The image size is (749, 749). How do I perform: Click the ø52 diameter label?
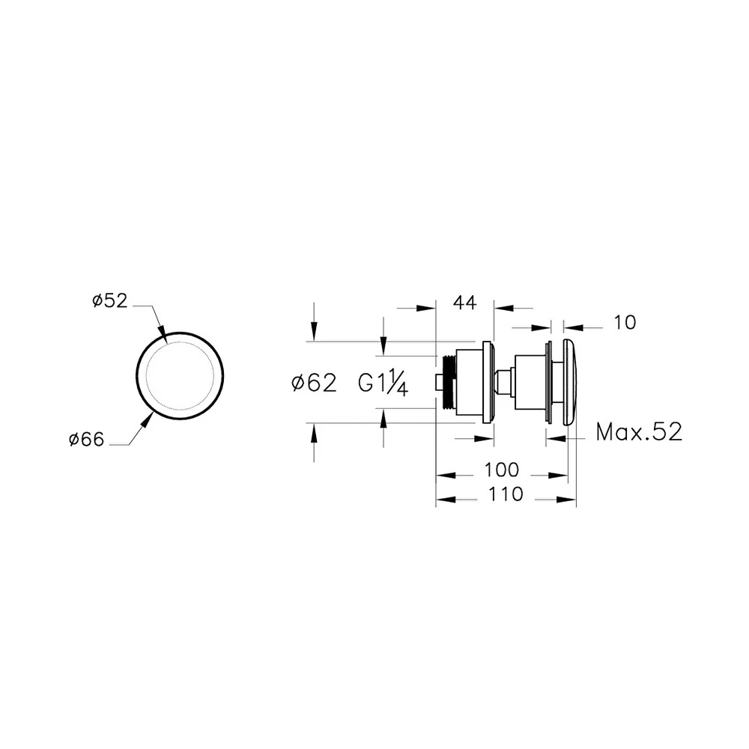point(110,301)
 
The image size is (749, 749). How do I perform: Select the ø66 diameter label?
point(86,439)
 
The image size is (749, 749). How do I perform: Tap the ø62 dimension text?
point(314,383)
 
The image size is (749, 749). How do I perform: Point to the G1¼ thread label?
point(383,383)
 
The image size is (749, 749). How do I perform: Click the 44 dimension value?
point(465,303)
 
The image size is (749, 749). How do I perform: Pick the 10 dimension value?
point(625,323)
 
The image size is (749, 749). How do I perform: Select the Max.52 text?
point(639,432)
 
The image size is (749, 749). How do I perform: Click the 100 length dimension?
point(502,470)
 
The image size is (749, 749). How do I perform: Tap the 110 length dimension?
point(506,494)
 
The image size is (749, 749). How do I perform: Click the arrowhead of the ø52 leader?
point(162,334)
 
